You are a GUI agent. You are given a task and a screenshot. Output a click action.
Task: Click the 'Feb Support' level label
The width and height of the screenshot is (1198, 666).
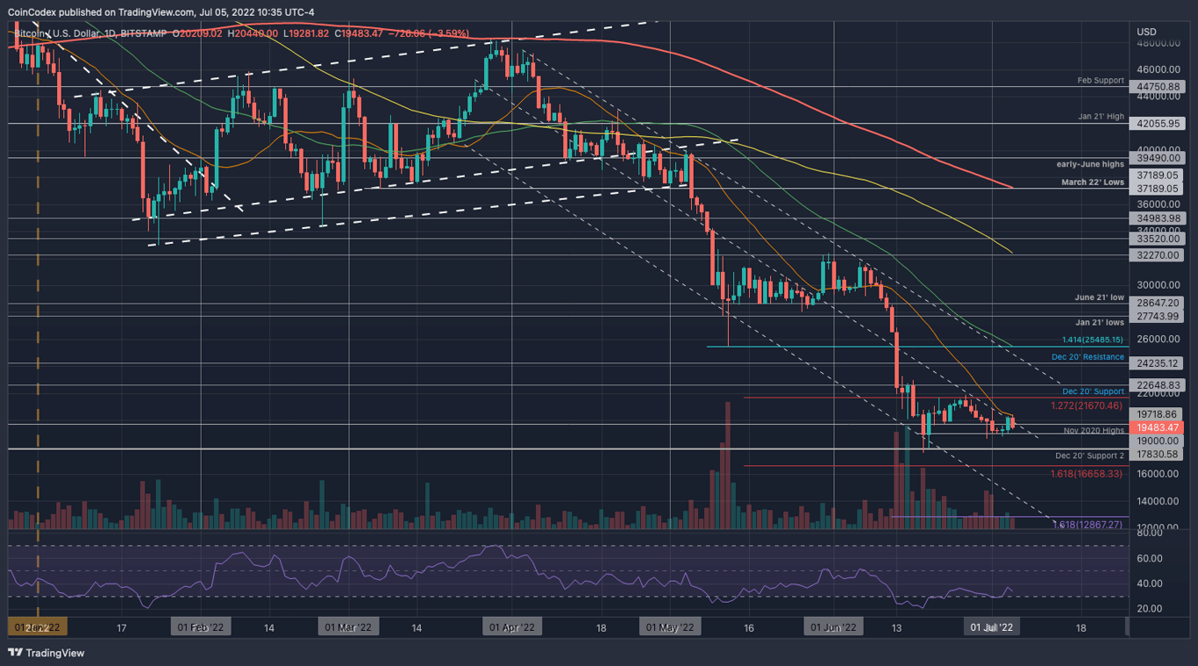[1100, 80]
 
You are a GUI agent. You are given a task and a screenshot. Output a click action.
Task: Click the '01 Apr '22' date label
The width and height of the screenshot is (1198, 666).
[512, 627]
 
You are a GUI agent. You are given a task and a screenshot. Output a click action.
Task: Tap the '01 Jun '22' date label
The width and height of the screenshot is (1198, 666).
[834, 627]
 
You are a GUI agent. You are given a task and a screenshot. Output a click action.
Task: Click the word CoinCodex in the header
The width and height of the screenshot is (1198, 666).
[32, 11]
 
